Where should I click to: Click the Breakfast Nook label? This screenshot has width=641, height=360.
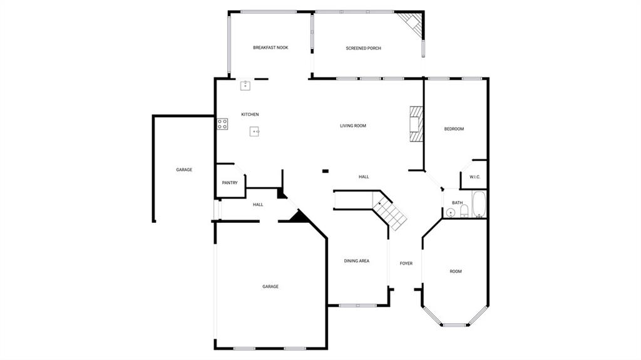270,48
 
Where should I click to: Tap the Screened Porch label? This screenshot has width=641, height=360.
363,48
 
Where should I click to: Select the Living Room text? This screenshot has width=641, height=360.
353,126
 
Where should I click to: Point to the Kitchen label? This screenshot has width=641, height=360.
250,115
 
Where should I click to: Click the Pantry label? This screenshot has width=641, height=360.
230,183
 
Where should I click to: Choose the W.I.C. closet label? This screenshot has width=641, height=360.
474,177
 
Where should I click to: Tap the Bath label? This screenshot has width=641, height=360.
458,203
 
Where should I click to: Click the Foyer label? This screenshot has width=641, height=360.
406,264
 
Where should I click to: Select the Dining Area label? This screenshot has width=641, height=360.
356,261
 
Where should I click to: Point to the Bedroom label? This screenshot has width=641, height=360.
454,129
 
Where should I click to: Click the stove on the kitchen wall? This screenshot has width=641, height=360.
222,124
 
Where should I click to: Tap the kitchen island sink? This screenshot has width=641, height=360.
255,131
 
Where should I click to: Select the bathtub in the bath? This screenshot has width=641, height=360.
479,205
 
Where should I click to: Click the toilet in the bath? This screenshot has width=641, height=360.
464,212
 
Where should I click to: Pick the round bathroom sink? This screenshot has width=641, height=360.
451,213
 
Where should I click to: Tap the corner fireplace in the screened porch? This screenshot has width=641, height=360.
413,23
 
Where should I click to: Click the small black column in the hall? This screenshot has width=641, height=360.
325,170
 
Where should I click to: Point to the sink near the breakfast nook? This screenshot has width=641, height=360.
245,86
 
